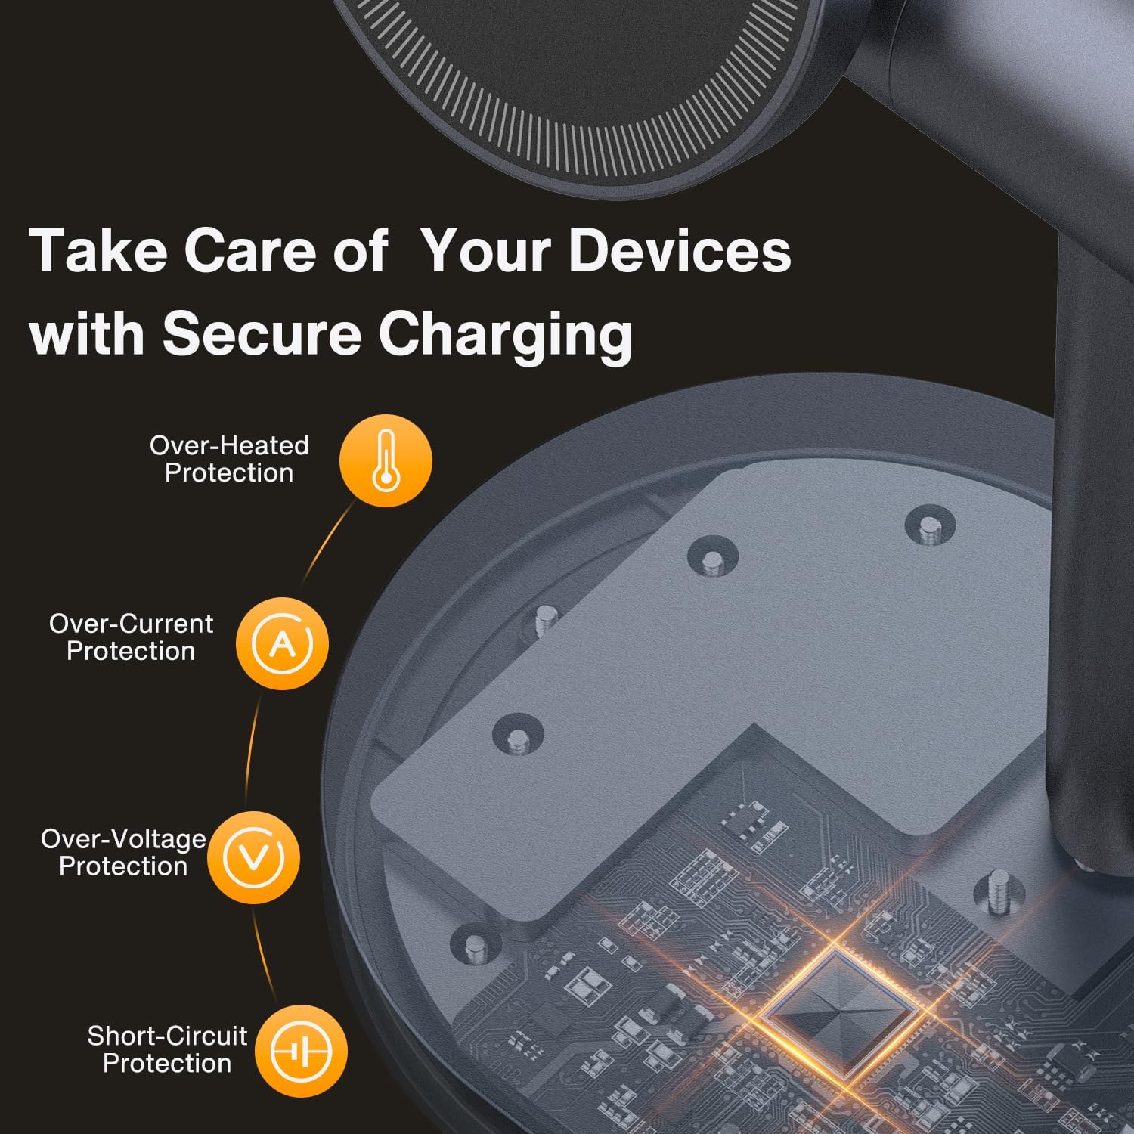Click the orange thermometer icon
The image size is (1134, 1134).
pyautogui.click(x=386, y=460)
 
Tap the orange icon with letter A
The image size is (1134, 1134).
pyautogui.click(x=282, y=643)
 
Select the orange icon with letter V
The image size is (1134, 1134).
pyautogui.click(x=253, y=857)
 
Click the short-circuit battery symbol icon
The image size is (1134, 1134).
pyautogui.click(x=301, y=1051)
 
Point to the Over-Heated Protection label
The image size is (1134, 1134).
pyautogui.click(x=229, y=459)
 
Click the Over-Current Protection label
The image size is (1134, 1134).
pyautogui.click(x=131, y=637)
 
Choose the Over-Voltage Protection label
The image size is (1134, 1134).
pyautogui.click(x=123, y=852)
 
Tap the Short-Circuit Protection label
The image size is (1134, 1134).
pyautogui.click(x=167, y=1049)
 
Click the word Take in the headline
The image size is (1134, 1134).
pyautogui.click(x=98, y=251)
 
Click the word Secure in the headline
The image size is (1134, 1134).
pyautogui.click(x=262, y=333)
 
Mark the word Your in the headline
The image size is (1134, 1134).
pyautogui.click(x=488, y=251)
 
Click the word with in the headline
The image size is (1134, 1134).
pyautogui.click(x=88, y=333)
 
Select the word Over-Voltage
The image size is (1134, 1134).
pyautogui.click(x=123, y=838)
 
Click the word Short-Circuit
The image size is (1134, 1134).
pyautogui.click(x=167, y=1036)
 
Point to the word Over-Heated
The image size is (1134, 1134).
pyautogui.click(x=229, y=445)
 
